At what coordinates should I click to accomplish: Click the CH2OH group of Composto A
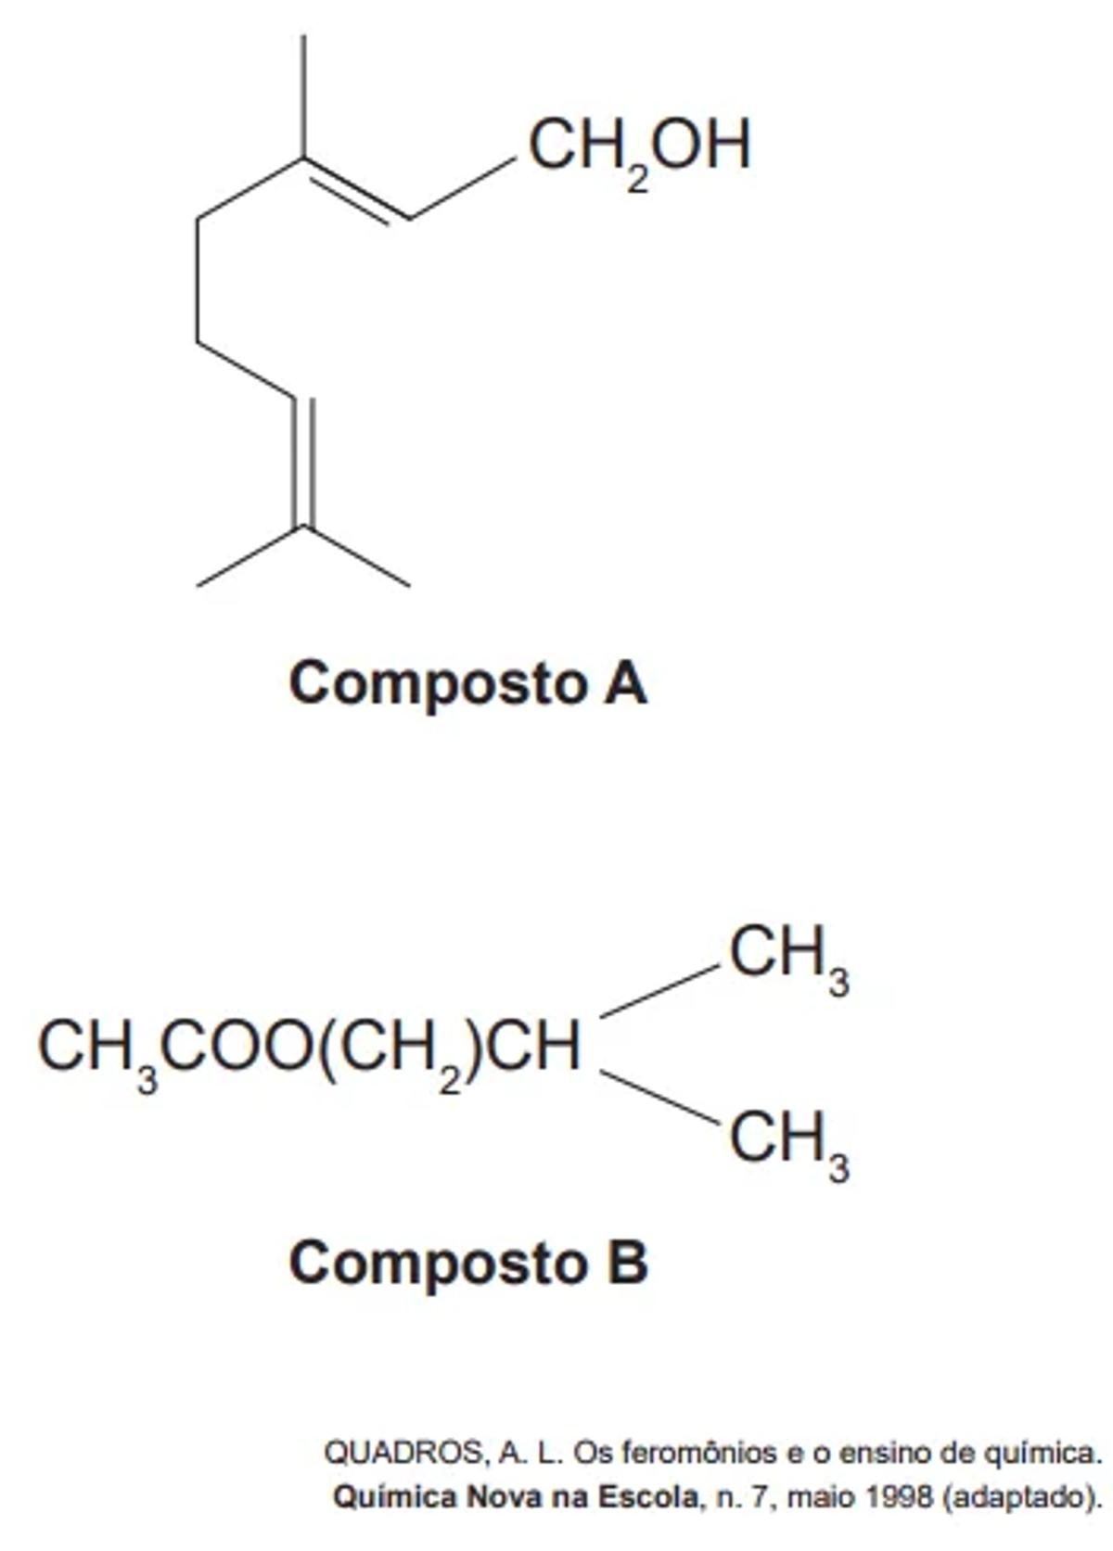point(639,148)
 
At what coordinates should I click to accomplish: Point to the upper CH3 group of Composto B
point(788,957)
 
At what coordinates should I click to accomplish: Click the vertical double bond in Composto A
point(304,464)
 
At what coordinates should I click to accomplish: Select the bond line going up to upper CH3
point(659,991)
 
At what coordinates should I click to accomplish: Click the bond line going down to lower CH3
point(659,1098)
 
